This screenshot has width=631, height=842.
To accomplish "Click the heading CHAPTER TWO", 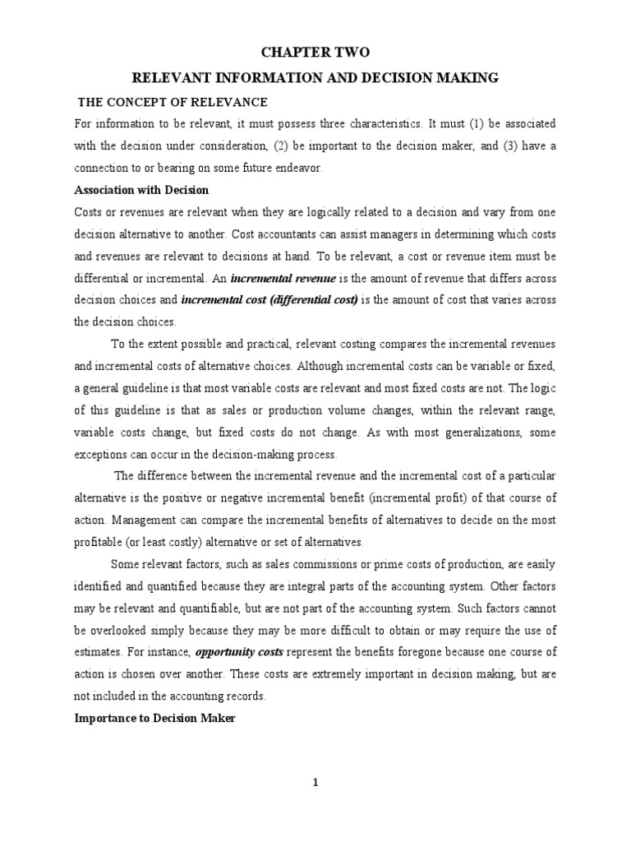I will tap(315, 52).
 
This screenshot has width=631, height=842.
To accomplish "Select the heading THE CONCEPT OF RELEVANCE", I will tap(173, 101).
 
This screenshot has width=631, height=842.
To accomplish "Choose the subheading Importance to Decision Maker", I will tap(154, 717).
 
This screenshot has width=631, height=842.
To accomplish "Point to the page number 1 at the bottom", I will tap(315, 782).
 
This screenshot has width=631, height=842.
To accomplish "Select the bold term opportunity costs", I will tap(238, 652).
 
